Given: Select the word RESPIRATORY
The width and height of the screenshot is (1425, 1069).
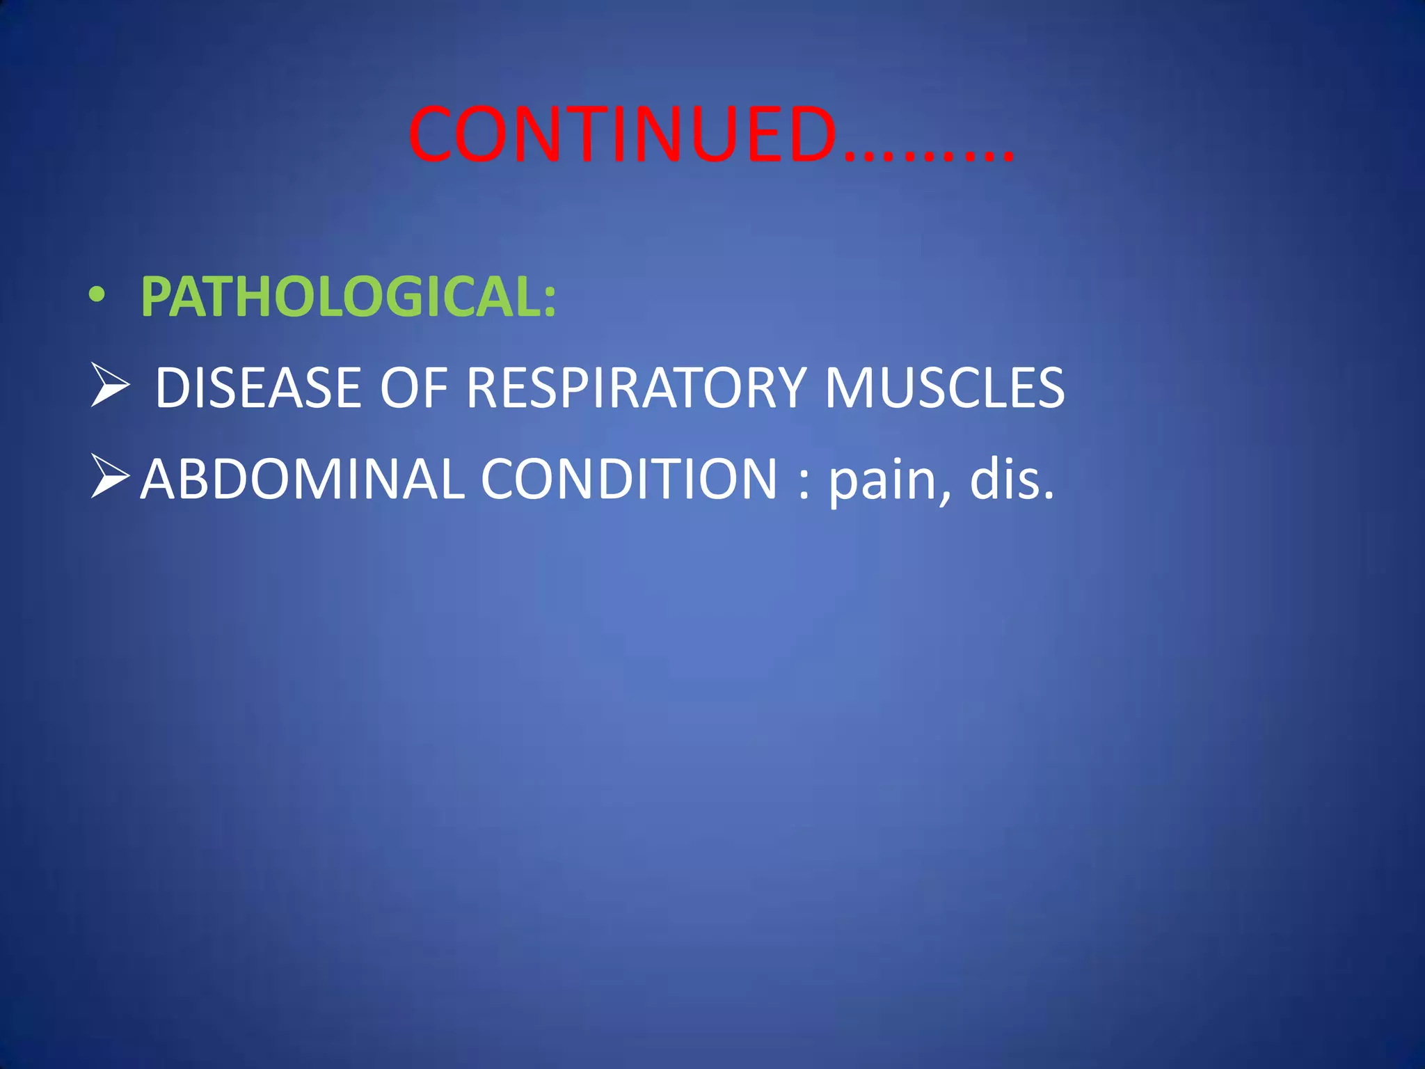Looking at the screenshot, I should [636, 388].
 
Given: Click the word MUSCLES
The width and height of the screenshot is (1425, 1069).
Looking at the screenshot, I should [944, 388].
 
